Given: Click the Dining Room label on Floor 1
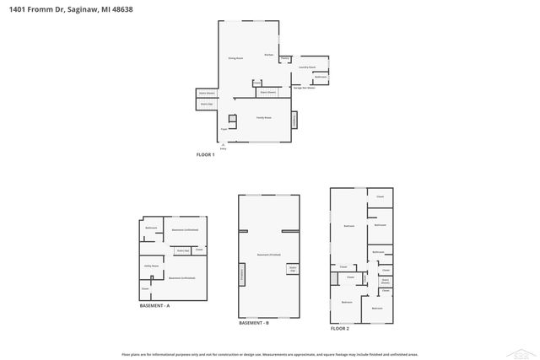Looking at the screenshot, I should tap(235, 58).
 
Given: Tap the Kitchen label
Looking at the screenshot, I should tap(268, 55).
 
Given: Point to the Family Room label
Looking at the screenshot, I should tap(263, 117).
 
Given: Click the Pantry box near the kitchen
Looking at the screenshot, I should tap(285, 58).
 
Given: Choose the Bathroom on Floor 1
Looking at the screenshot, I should tap(321, 77).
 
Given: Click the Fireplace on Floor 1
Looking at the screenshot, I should tap(294, 121).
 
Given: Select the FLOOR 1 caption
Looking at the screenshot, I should tap(206, 155).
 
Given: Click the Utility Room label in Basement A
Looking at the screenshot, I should tap(152, 266).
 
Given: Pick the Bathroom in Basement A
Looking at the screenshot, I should tap(151, 228).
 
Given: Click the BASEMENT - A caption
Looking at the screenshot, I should tap(154, 305).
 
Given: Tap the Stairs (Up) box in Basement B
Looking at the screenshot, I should tap(292, 269).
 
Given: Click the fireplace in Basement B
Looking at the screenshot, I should tap(242, 273).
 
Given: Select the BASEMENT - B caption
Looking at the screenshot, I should tap(253, 323).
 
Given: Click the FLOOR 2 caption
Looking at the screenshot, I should tap(339, 328).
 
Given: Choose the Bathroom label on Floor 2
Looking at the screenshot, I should tap(378, 252).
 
